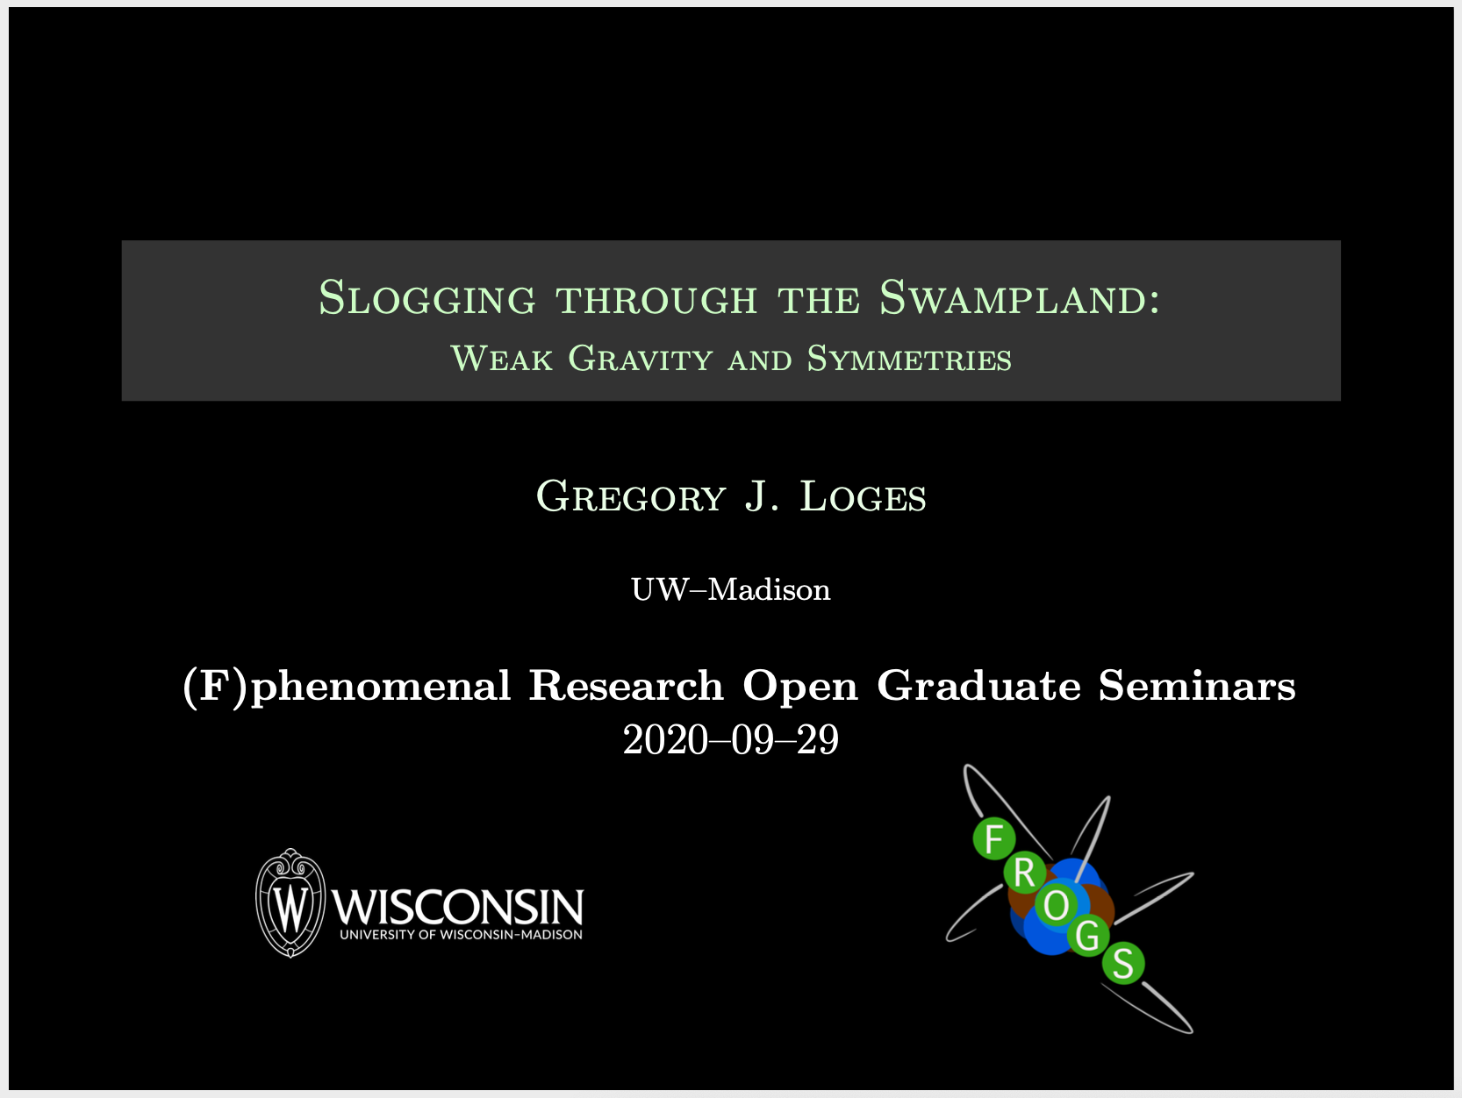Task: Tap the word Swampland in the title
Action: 1020,297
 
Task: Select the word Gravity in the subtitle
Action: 640,359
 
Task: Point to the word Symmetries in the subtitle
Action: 909,359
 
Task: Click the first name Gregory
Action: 630,496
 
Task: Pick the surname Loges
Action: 863,496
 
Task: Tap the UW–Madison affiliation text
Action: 731,589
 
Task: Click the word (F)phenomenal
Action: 347,687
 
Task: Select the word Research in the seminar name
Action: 626,686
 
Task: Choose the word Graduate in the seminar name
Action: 978,686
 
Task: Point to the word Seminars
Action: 1197,686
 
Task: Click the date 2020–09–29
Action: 731,740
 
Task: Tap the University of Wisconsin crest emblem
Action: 290,903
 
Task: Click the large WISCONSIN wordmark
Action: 457,906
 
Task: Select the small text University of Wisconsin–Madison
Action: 461,935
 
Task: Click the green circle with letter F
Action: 993,838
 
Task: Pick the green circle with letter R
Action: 1024,873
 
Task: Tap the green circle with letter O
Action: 1057,905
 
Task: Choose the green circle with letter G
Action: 1087,936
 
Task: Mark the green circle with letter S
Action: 1123,963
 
